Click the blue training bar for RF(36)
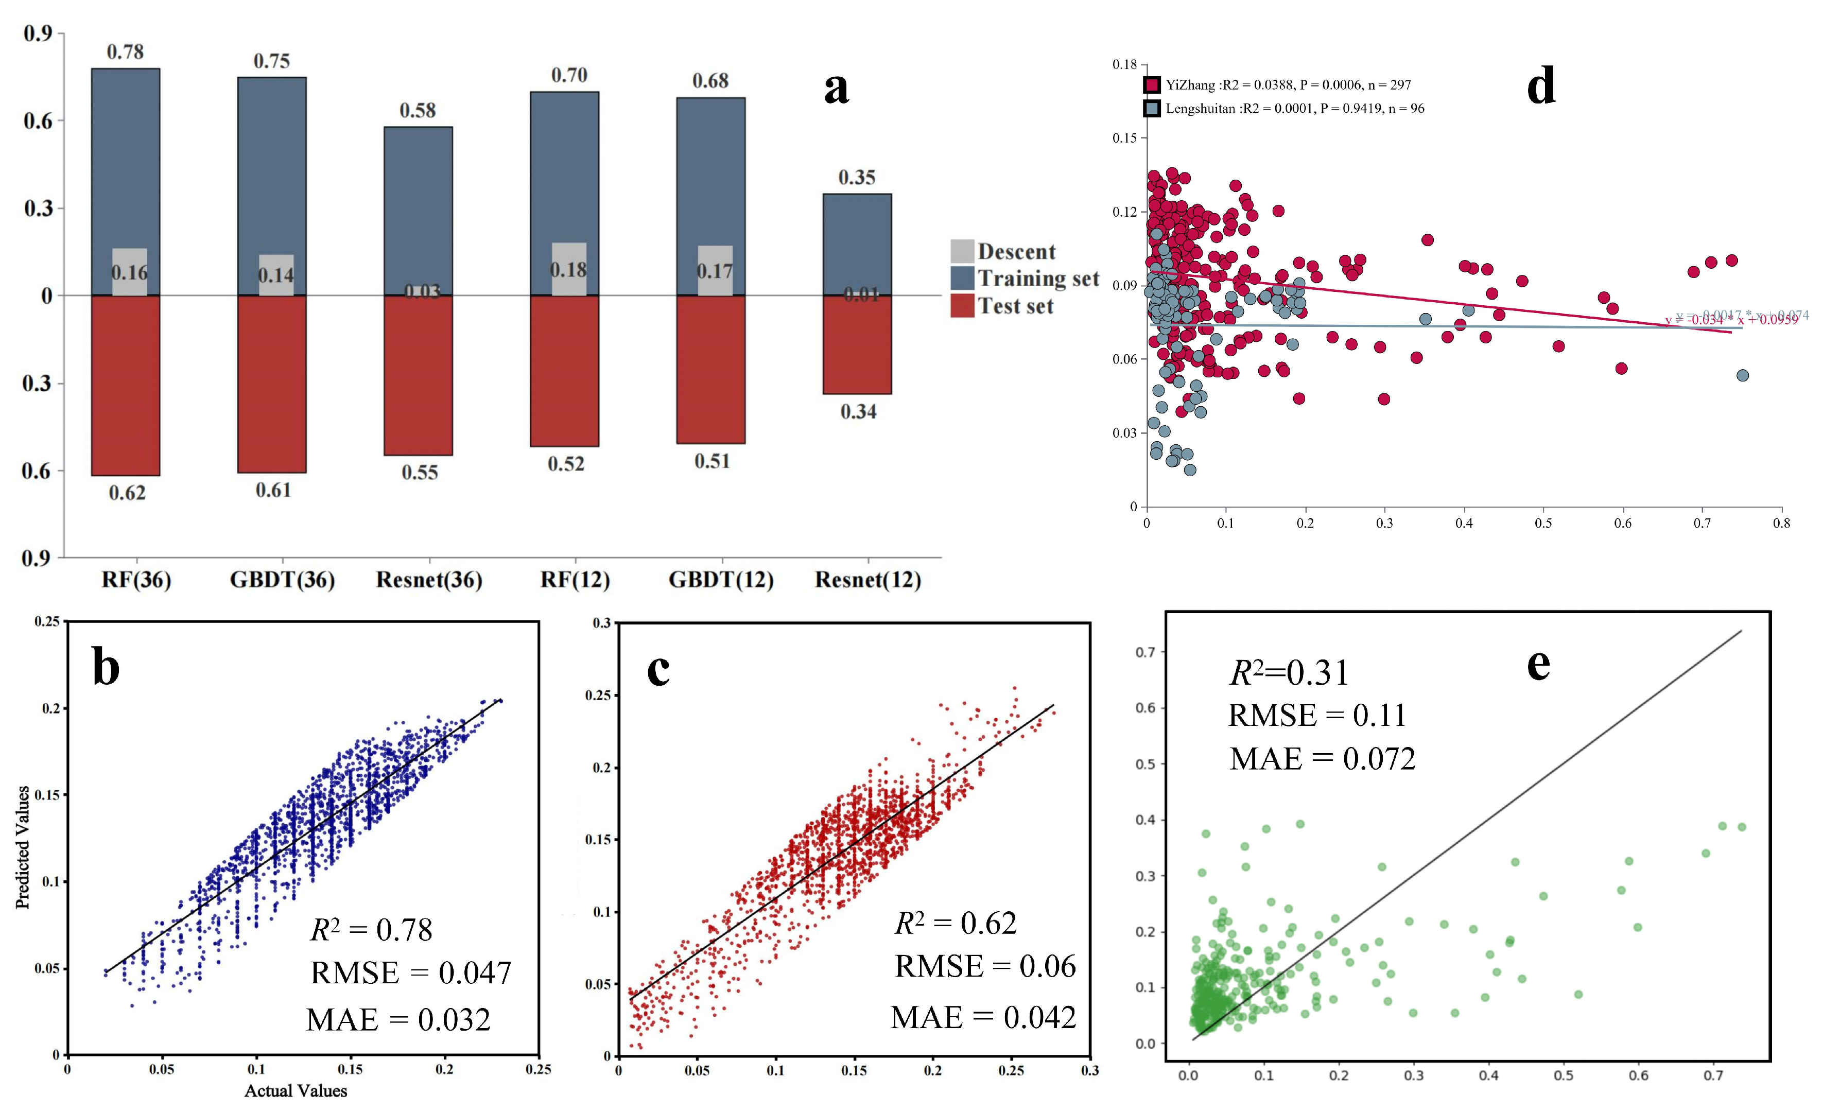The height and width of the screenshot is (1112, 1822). (126, 163)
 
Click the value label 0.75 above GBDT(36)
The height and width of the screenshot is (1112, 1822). (271, 61)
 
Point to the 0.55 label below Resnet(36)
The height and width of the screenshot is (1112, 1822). (419, 473)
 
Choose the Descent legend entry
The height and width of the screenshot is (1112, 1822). (1003, 251)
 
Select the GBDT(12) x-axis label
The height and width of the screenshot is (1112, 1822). (721, 580)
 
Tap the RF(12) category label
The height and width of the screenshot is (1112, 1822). (575, 580)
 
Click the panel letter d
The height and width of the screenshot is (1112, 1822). (1541, 86)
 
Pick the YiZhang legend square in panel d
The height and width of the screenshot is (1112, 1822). (1151, 85)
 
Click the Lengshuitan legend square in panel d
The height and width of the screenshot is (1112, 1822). (1151, 109)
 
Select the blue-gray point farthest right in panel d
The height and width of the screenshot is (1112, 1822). (1743, 376)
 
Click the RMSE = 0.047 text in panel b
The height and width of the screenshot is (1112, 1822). (410, 973)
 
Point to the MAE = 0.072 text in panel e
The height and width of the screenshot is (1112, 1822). (1322, 759)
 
